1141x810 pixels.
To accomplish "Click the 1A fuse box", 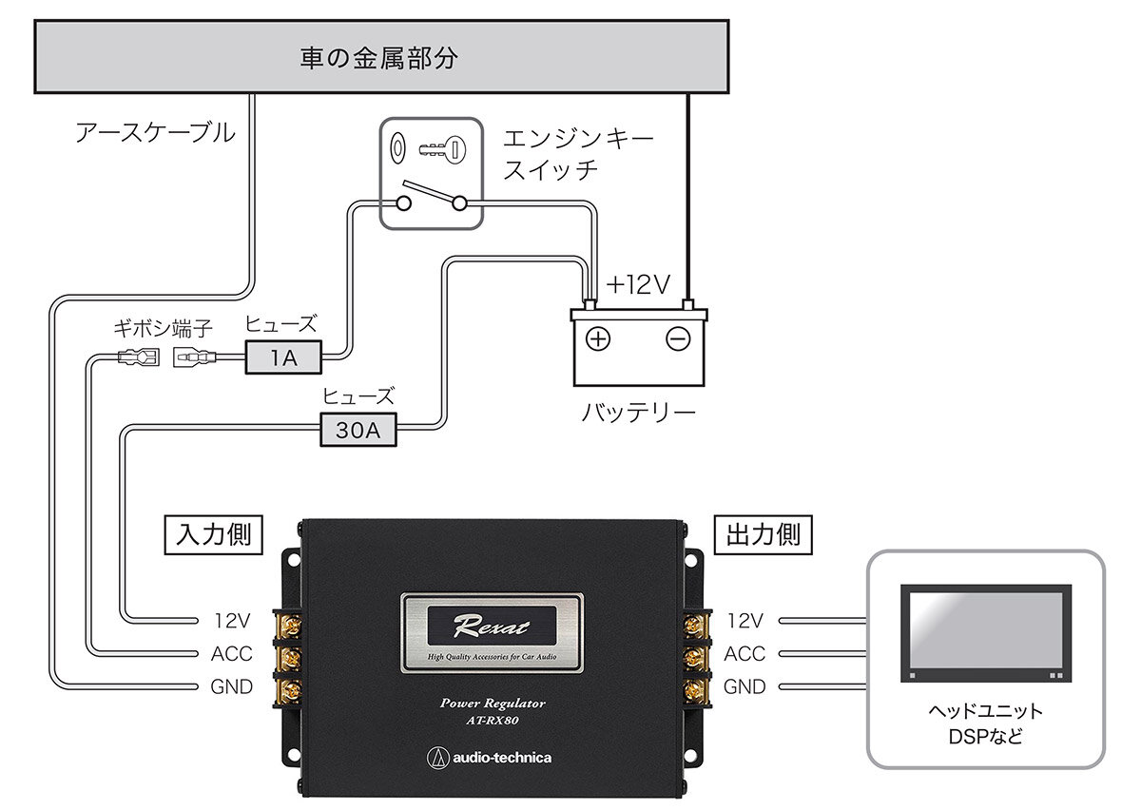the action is point(283,357).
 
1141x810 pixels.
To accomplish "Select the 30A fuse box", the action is point(358,430).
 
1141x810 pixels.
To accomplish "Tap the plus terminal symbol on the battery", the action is point(598,339).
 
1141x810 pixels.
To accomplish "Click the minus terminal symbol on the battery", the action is point(678,339).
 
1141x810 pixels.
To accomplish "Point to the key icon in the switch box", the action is point(442,150).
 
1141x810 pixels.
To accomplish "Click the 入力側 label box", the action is point(213,535).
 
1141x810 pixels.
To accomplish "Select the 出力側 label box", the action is point(763,535).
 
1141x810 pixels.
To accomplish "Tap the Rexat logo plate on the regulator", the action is point(493,632).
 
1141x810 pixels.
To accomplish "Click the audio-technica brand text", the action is point(502,758).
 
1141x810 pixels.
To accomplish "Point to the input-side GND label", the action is point(232,686).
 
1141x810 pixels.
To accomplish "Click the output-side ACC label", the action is point(745,653).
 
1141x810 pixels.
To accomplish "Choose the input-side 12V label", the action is point(232,621).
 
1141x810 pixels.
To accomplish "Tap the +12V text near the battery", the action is point(638,285).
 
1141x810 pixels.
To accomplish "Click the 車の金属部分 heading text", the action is point(379,58).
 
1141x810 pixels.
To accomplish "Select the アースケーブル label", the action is point(155,133).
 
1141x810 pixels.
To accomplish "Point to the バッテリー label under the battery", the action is point(639,413).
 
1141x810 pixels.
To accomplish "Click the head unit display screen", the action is point(986,633).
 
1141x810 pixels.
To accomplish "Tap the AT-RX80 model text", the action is point(493,721).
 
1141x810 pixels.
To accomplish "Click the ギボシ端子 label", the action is point(163,329).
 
